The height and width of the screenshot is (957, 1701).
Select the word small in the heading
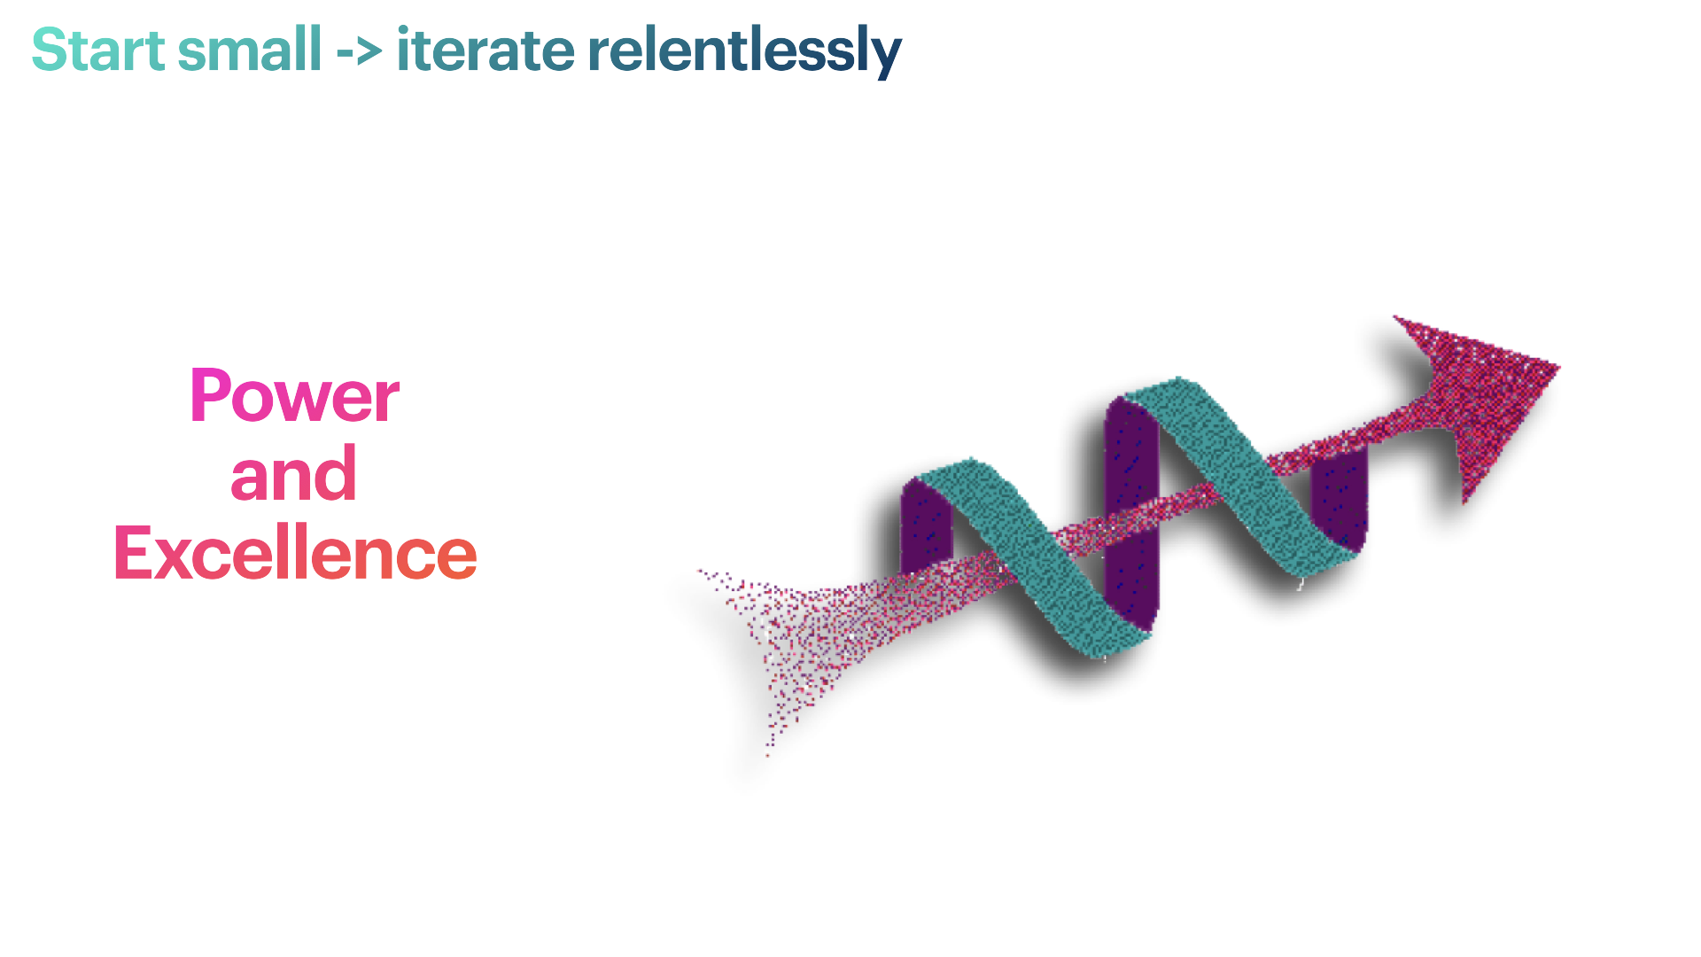click(x=250, y=50)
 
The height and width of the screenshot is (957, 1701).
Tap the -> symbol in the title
click(x=359, y=52)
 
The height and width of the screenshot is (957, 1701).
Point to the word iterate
click(x=485, y=50)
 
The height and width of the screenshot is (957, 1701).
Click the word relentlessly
click(x=744, y=51)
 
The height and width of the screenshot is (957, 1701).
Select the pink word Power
click(x=294, y=395)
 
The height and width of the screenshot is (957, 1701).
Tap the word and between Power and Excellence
click(x=293, y=474)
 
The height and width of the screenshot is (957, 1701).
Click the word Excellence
click(x=295, y=553)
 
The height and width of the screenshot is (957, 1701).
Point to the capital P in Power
click(x=210, y=395)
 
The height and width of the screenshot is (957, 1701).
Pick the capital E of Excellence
click(x=133, y=553)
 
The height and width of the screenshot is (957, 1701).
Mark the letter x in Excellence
click(x=174, y=560)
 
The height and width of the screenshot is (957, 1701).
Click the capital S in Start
click(x=50, y=50)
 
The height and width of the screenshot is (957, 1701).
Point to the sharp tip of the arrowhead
click(x=1559, y=365)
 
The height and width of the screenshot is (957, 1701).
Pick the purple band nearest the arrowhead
click(x=1339, y=496)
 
